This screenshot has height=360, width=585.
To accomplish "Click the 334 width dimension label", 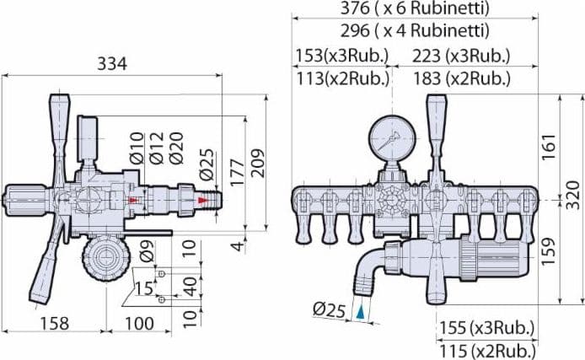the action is click(112, 64).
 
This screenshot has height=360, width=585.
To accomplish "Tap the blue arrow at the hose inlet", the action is click(360, 312).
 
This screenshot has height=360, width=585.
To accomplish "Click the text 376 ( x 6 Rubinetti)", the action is click(415, 8).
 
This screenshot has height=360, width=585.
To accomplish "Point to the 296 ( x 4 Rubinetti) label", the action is click(415, 30).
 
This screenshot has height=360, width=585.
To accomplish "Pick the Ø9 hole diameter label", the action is click(147, 250).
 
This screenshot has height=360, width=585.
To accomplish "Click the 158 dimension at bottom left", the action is click(55, 324).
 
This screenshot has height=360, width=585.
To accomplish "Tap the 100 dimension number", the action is click(139, 324).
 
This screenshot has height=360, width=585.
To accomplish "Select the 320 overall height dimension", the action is click(572, 196).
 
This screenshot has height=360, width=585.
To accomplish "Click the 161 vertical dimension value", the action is click(549, 147).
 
